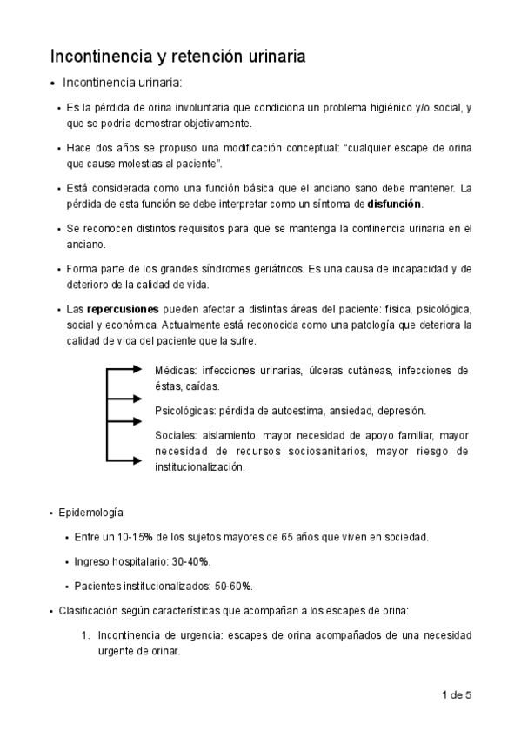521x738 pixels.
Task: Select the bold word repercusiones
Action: [x=124, y=309]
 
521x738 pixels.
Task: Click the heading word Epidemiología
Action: [x=91, y=512]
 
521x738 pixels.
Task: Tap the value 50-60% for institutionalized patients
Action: [x=233, y=585]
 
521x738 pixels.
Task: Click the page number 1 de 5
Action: [x=457, y=694]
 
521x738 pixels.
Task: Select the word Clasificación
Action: [x=89, y=610]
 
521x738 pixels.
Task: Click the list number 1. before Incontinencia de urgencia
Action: [x=85, y=634]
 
